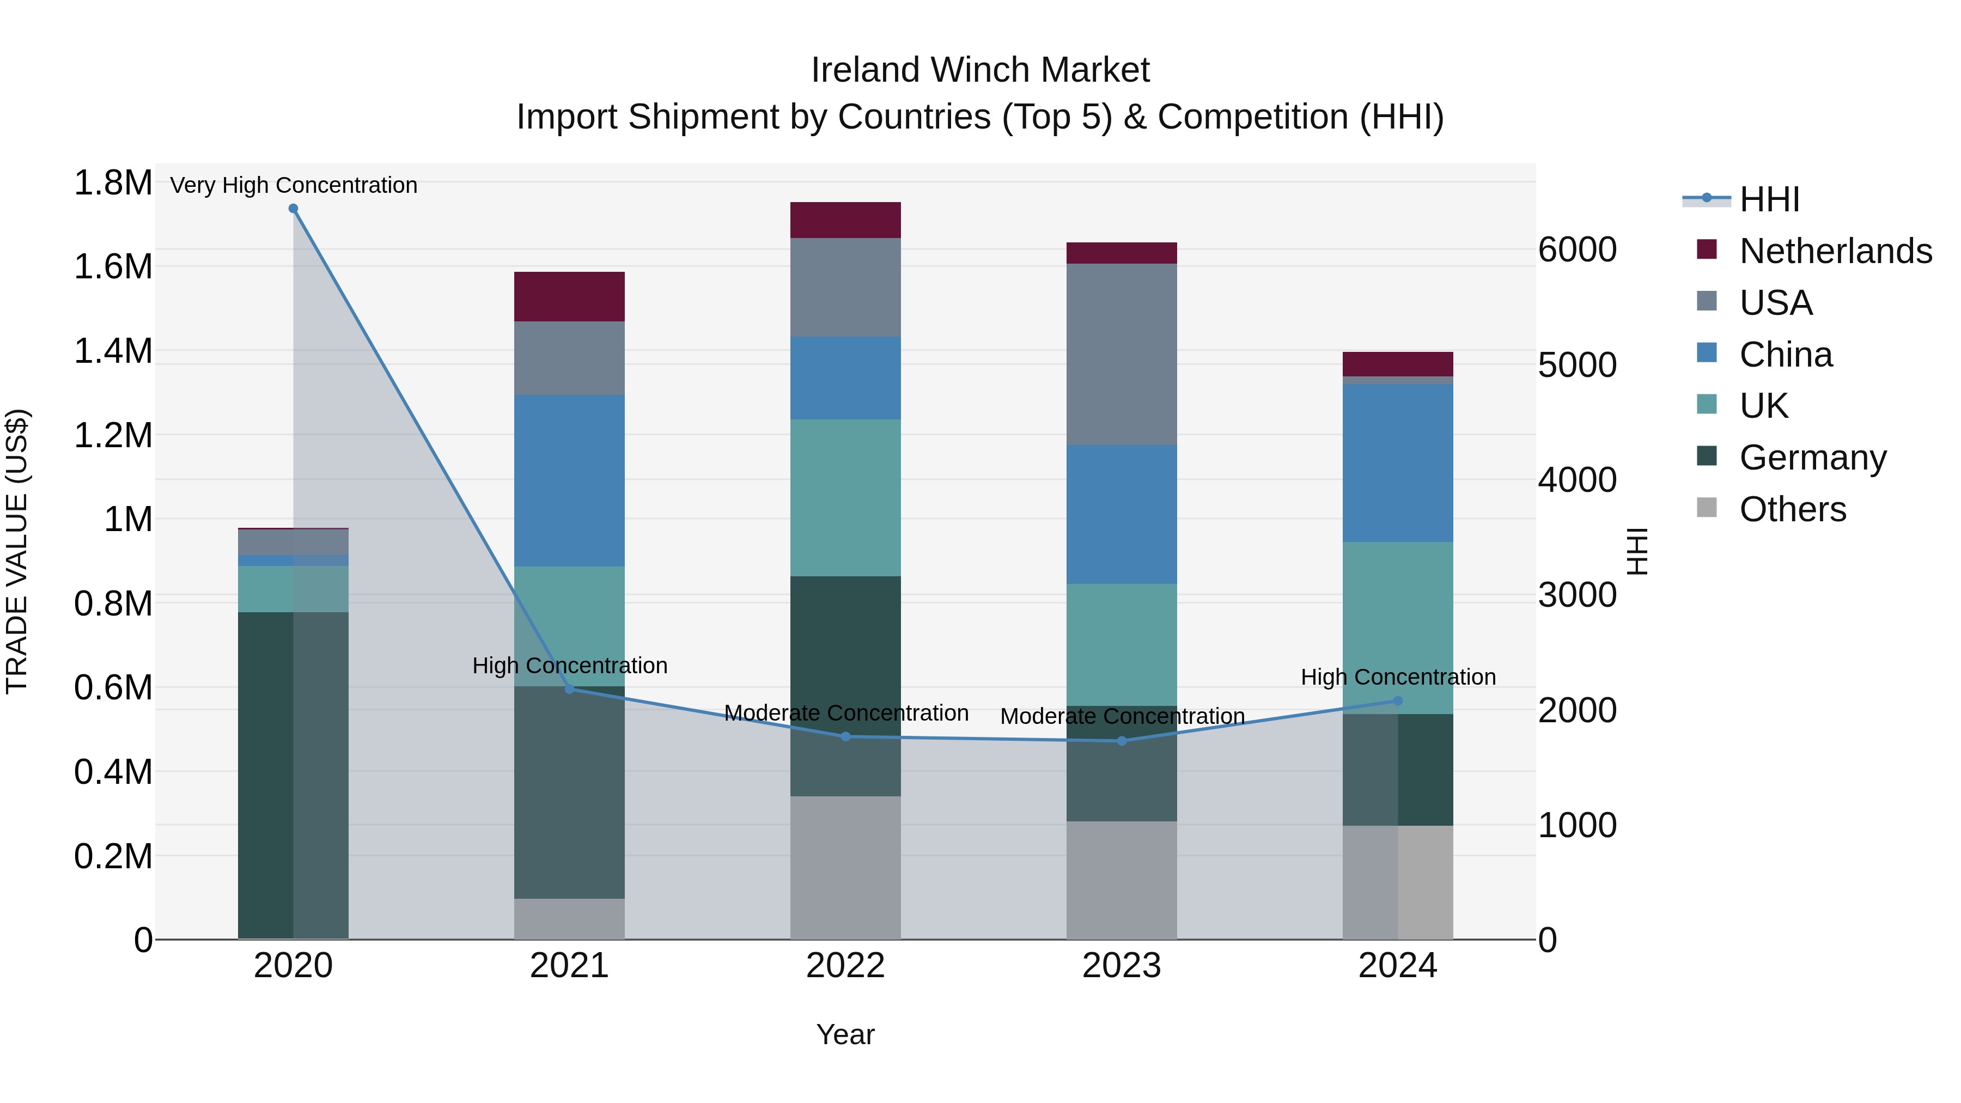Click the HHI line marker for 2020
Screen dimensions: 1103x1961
[293, 209]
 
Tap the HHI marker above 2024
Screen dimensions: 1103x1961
[1398, 701]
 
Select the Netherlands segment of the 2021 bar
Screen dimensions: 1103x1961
[569, 296]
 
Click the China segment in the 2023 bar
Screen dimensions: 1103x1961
[1122, 515]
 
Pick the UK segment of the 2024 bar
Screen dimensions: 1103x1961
[1398, 628]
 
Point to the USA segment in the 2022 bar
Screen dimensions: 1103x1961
[845, 288]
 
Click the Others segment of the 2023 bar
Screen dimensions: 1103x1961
[1122, 880]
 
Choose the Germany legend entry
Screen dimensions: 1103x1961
[1812, 458]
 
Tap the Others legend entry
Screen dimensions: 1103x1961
[1792, 509]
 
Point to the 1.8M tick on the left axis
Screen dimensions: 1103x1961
[113, 184]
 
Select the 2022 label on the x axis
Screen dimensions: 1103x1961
[845, 966]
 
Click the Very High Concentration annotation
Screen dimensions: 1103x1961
[293, 185]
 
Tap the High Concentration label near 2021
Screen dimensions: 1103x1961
[569, 665]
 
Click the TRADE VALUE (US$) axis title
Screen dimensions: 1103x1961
[17, 551]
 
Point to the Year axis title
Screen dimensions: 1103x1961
[845, 1034]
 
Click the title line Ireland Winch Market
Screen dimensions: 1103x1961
[980, 70]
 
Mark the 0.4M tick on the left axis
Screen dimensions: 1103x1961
[113, 772]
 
